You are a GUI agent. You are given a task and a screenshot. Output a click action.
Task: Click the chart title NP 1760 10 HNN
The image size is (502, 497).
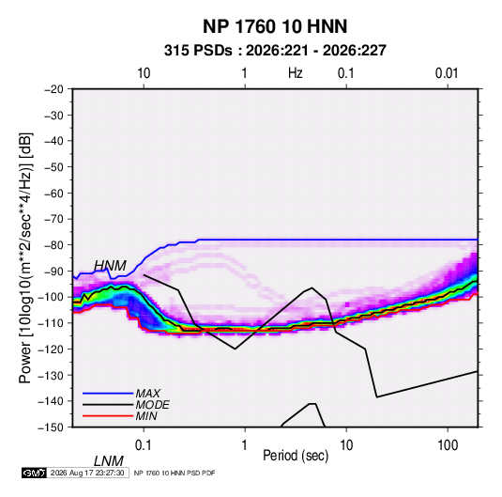pyautogui.click(x=275, y=26)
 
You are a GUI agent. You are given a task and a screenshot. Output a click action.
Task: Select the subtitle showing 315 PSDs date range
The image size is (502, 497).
pyautogui.click(x=275, y=51)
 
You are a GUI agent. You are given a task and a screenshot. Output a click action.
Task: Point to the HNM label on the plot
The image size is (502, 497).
pyautogui.click(x=110, y=266)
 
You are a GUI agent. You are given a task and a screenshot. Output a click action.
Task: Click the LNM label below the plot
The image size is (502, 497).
pyautogui.click(x=109, y=461)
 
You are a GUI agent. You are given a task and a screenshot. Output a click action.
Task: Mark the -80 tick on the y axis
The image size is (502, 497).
pyautogui.click(x=53, y=245)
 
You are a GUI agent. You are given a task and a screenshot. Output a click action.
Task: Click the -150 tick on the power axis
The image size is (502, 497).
pyautogui.click(x=51, y=427)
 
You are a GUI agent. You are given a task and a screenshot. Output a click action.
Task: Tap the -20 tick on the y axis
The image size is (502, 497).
pyautogui.click(x=53, y=89)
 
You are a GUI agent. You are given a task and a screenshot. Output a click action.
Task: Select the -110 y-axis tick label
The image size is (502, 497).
pyautogui.click(x=51, y=323)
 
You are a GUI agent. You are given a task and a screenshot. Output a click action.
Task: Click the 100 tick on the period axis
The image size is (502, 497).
pyautogui.click(x=448, y=445)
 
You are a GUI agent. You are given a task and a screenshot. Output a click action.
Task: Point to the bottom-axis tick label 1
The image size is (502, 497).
pyautogui.click(x=245, y=445)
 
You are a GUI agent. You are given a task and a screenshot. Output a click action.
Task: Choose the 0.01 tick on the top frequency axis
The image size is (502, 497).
pyautogui.click(x=447, y=73)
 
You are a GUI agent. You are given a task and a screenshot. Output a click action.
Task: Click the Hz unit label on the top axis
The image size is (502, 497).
pyautogui.click(x=296, y=73)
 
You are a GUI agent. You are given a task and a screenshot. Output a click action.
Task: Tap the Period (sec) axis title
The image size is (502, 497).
pyautogui.click(x=296, y=456)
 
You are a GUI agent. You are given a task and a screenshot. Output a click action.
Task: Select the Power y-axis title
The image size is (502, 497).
pyautogui.click(x=25, y=258)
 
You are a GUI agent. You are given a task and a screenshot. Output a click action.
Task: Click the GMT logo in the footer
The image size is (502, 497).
pyautogui.click(x=35, y=473)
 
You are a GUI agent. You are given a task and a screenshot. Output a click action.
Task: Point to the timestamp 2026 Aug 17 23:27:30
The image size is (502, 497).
pyautogui.click(x=87, y=473)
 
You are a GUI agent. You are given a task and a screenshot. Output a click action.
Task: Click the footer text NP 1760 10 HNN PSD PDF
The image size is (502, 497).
pyautogui.click(x=175, y=473)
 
